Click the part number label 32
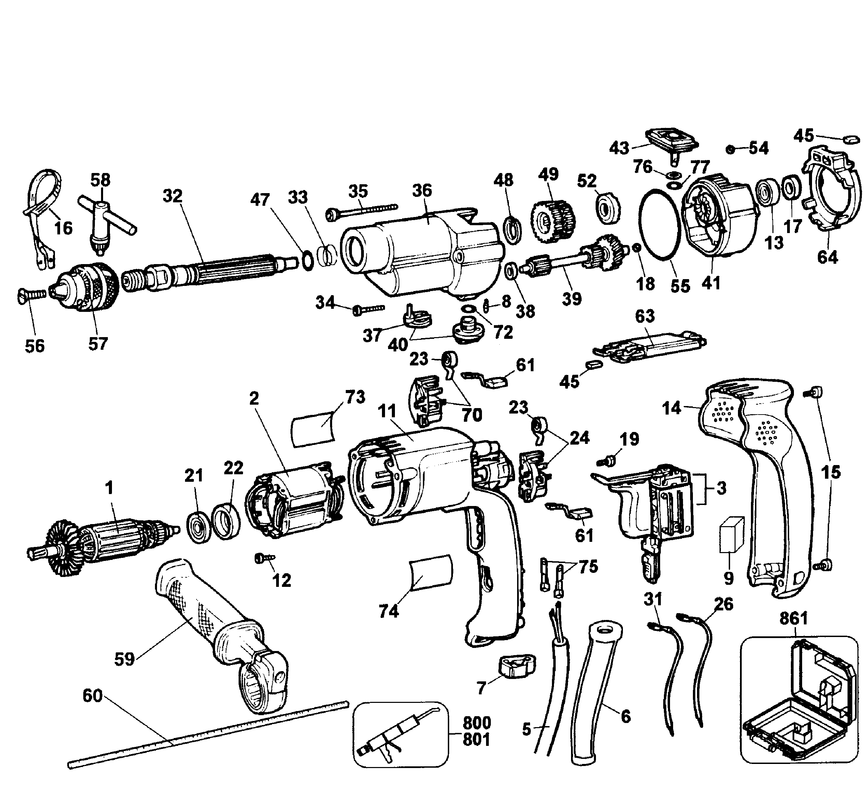coord(172,196)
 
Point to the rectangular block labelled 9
coord(731,535)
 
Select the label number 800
coord(476,723)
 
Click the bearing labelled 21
coord(199,527)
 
